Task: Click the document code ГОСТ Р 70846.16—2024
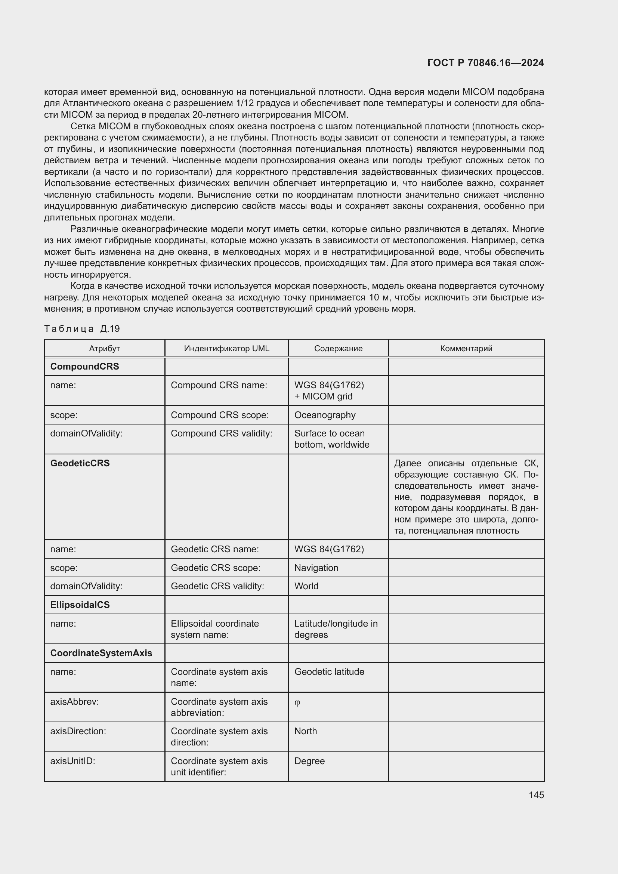(486, 63)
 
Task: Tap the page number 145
(536, 795)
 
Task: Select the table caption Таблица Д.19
(82, 328)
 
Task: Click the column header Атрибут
(104, 348)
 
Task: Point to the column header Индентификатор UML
(226, 348)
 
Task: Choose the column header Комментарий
(466, 348)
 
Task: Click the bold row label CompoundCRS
(84, 366)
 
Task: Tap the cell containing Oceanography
(325, 415)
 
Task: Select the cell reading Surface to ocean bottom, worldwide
(331, 439)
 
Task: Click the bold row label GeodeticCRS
(80, 463)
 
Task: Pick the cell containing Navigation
(316, 568)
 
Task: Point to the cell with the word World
(306, 586)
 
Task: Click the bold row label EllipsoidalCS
(80, 605)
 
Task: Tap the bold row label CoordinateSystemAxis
(101, 653)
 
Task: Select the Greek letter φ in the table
(297, 703)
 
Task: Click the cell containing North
(305, 731)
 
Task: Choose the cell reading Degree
(309, 761)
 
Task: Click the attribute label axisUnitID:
(72, 761)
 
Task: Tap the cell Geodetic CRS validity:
(217, 586)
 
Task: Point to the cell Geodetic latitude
(329, 671)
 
